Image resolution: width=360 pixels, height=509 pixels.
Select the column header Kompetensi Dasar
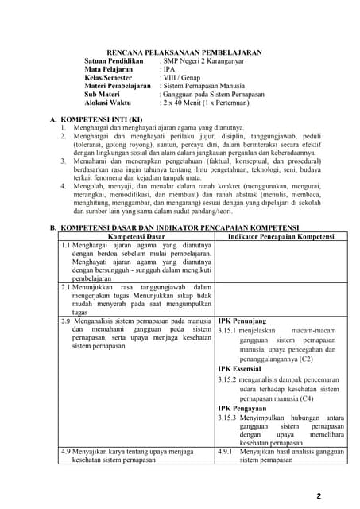click(136, 236)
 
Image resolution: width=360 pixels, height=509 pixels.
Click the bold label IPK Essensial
click(242, 369)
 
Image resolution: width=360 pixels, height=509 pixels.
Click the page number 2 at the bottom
click(318, 496)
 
